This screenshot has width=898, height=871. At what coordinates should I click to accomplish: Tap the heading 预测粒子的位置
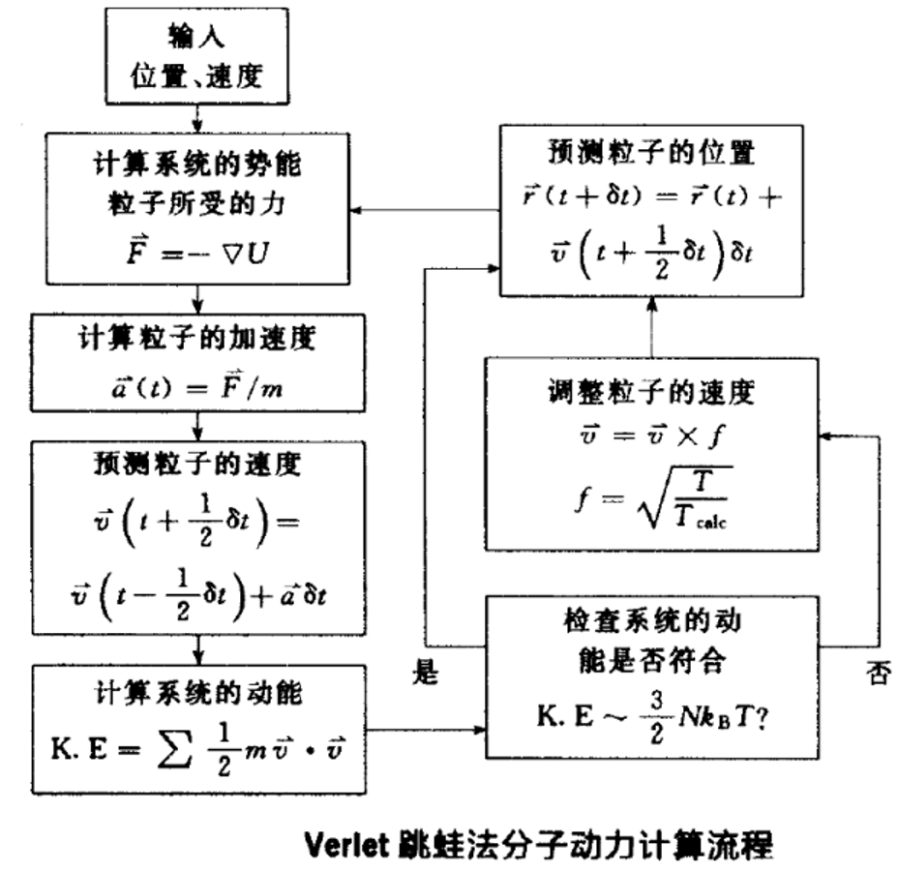tap(649, 153)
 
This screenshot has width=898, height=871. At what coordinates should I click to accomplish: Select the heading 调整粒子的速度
tap(649, 392)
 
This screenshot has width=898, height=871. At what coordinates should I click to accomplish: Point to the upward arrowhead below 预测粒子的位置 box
tap(651, 301)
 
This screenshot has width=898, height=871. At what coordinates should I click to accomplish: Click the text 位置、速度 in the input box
tap(197, 75)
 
